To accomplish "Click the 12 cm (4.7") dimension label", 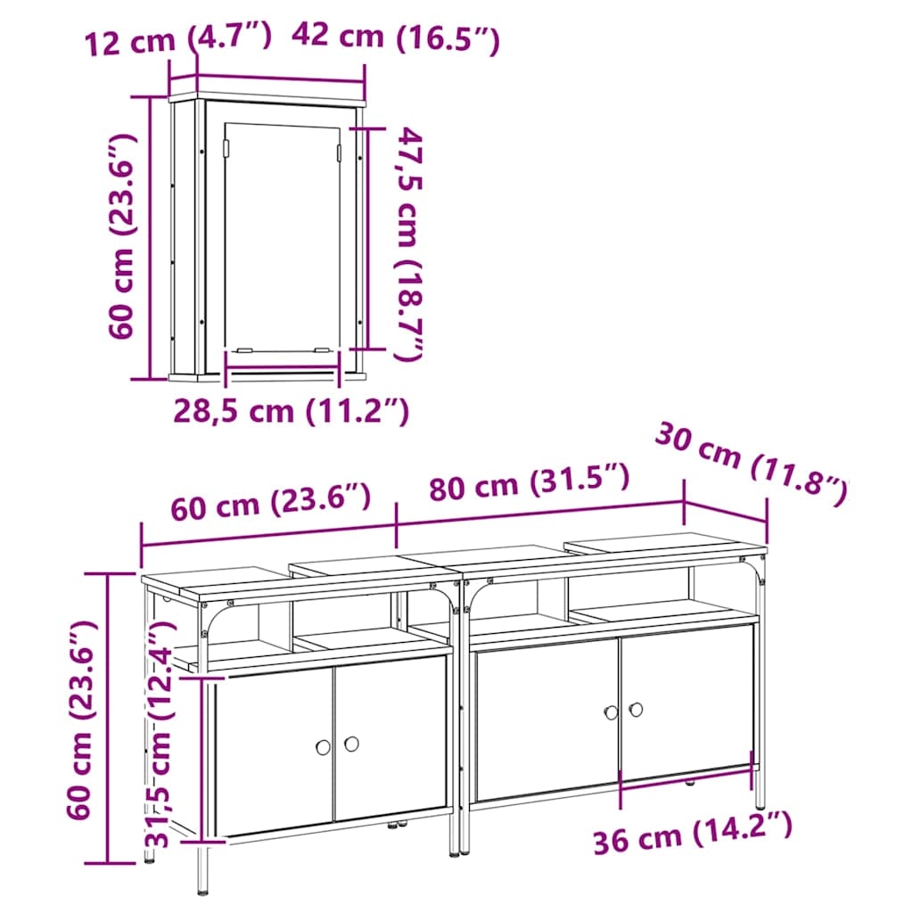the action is coord(178,39).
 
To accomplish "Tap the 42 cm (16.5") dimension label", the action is coord(395,37).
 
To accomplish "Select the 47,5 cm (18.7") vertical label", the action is coord(408,244).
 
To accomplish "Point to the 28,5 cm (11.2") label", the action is coord(292,412).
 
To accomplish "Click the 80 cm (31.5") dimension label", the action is coord(530,481).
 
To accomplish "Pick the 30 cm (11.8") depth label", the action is coord(751,464).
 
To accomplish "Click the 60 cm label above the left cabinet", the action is coord(270,501).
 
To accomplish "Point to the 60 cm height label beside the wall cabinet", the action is coord(122,235).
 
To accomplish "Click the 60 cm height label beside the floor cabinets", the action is coord(81,720).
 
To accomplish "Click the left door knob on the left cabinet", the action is coord(323,748).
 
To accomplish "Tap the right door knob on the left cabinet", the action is coord(351,744).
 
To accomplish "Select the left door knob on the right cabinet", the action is coord(611,712).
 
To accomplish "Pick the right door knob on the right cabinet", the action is coord(636,709).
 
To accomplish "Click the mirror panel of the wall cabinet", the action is coord(282,237).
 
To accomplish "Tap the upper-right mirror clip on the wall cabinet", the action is coord(338,153).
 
